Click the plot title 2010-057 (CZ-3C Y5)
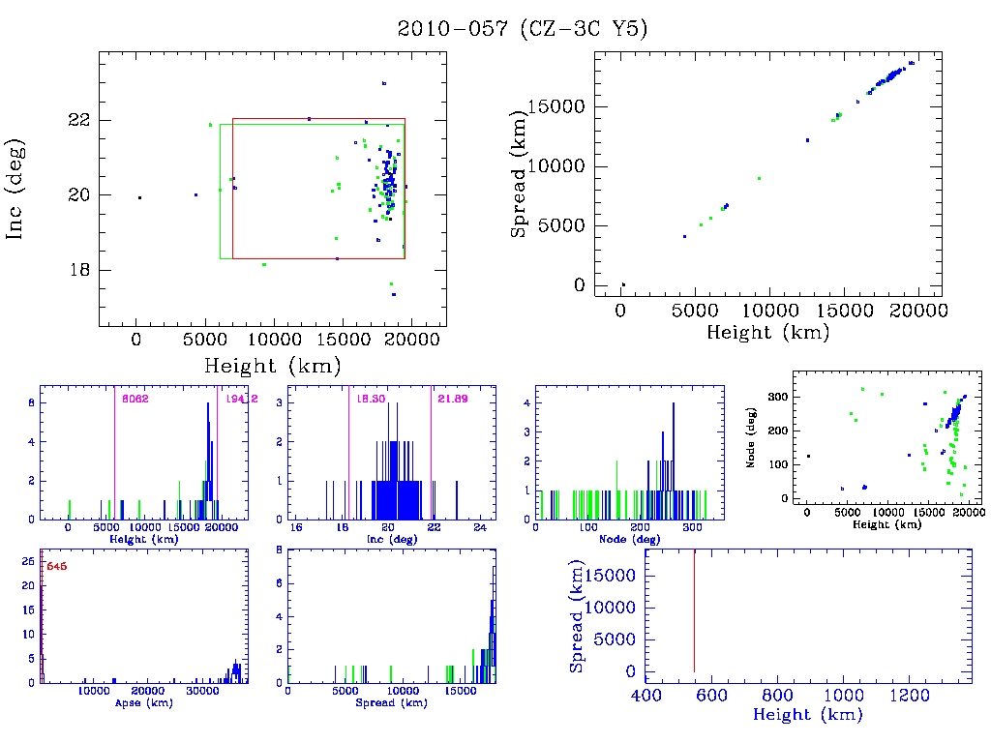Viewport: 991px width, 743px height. click(523, 29)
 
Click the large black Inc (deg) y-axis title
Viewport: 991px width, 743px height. click(16, 190)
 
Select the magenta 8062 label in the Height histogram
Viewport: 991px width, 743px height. click(135, 399)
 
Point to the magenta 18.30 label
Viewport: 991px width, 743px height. click(370, 399)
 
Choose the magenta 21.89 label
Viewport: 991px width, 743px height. click(453, 399)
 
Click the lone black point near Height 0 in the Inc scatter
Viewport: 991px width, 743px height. click(139, 197)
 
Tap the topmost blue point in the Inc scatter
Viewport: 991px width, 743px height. click(384, 83)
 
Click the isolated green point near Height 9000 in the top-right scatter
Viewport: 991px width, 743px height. click(759, 178)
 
